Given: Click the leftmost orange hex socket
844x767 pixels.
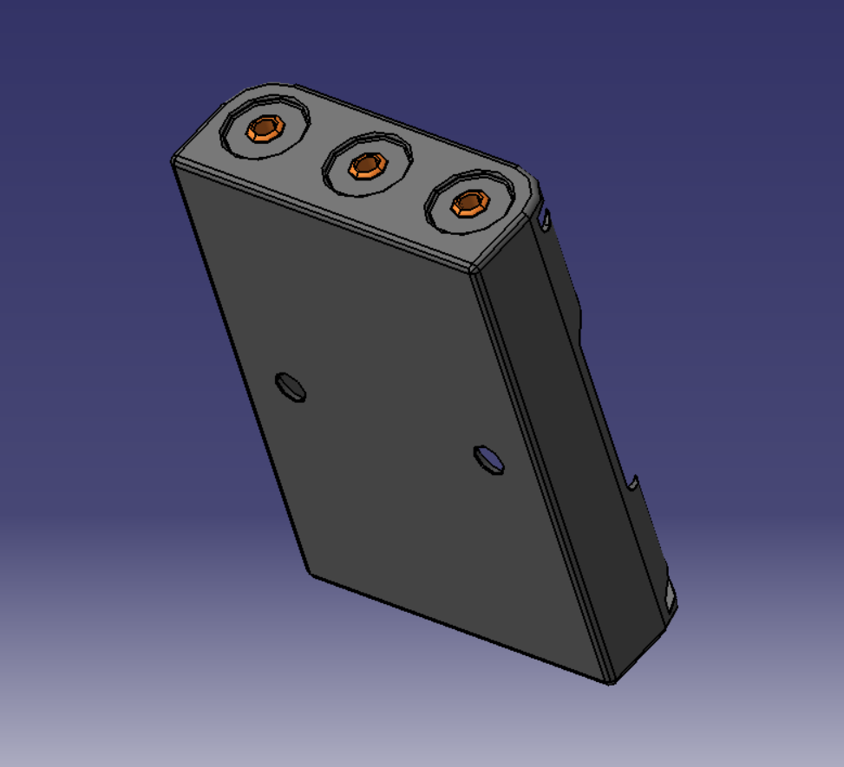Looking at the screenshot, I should [265, 129].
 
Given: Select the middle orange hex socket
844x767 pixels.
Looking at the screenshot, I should [368, 165].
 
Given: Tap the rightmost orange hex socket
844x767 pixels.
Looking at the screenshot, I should [470, 203].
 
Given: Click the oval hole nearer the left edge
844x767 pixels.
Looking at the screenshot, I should [291, 387].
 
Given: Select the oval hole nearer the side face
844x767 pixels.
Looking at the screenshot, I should [489, 459].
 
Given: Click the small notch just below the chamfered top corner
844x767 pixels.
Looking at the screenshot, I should [546, 220].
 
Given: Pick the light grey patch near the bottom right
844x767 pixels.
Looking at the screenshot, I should [670, 596].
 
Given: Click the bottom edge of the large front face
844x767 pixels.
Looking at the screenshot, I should [460, 628].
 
